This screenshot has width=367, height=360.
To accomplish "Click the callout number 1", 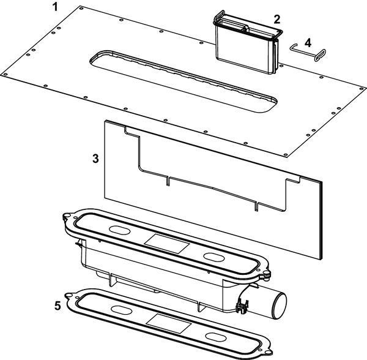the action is pyautogui.click(x=55, y=7).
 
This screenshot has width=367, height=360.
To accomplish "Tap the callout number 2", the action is pyautogui.click(x=277, y=19).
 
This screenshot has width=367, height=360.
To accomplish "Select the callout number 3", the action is pyautogui.click(x=95, y=159).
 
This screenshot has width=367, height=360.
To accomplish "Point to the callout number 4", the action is pyautogui.click(x=308, y=43).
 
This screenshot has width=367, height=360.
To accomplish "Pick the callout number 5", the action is pyautogui.click(x=57, y=306).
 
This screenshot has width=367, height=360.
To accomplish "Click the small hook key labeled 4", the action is pyautogui.click(x=308, y=52).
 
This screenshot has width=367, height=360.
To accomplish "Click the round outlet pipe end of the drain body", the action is pyautogui.click(x=280, y=306).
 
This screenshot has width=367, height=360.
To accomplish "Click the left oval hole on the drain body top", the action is pyautogui.click(x=120, y=230).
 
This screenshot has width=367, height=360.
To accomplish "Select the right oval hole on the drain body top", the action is pyautogui.click(x=214, y=257).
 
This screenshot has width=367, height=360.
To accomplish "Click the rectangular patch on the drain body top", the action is pyautogui.click(x=166, y=244).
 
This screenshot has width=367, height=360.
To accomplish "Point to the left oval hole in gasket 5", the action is pyautogui.click(x=121, y=310).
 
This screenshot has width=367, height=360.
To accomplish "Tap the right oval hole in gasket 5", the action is pyautogui.click(x=216, y=337).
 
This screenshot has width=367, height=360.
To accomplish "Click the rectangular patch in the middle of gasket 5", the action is pyautogui.click(x=169, y=324).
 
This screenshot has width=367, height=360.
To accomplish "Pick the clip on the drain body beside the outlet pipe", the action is pyautogui.click(x=243, y=306).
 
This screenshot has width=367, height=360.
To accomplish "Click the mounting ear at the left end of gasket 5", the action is pyautogui.click(x=69, y=296).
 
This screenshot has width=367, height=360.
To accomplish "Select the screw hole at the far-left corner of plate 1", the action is pyautogui.click(x=6, y=75).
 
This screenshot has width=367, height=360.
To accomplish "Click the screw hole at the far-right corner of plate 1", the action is pyautogui.click(x=362, y=89).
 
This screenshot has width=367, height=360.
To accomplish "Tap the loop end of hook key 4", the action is pyautogui.click(x=320, y=55).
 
